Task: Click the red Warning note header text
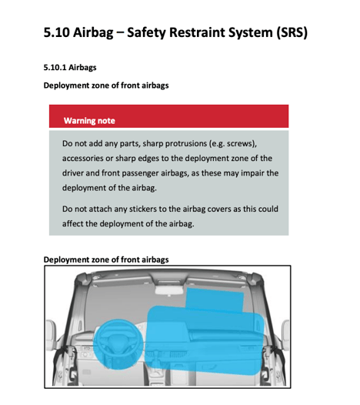pos(89,121)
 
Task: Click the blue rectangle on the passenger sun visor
pos(208,300)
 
